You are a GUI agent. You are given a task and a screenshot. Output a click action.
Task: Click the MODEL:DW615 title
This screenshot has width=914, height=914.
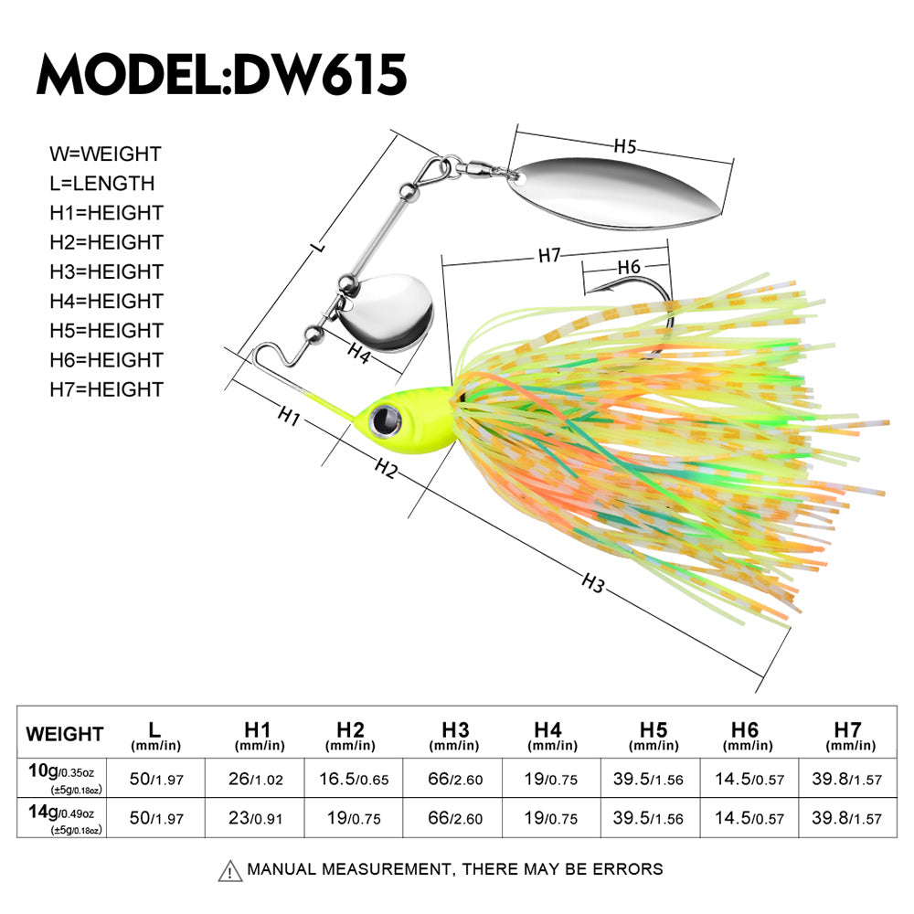[x=221, y=74]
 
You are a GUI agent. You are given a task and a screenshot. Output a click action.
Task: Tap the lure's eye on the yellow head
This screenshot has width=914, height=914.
[x=386, y=420]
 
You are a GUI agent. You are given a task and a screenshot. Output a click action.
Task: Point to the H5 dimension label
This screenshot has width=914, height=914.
[x=624, y=146]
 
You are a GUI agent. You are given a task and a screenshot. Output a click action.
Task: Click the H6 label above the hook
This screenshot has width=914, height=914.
[x=628, y=267]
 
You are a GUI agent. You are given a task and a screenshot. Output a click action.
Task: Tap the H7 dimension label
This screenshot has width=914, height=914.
[x=548, y=257]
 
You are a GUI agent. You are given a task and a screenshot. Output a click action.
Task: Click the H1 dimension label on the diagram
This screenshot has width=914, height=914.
[x=289, y=417]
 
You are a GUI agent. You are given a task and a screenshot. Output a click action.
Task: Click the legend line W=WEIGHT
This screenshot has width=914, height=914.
[x=105, y=154]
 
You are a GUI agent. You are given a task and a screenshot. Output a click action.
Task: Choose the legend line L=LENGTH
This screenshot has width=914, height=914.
[x=102, y=183]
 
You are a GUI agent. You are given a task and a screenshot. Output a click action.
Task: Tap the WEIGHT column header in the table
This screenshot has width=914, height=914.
[x=65, y=733]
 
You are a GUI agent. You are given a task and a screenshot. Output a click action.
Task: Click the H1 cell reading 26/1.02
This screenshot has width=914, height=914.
[x=258, y=778]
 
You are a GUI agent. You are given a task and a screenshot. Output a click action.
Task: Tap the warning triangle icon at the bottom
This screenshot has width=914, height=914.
[x=229, y=870]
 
